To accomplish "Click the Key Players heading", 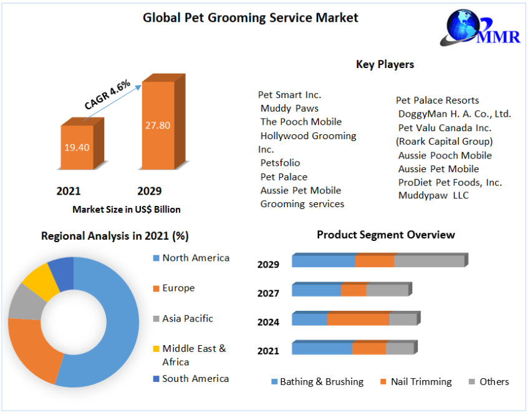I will [385, 64].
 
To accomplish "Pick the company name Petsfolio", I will [280, 163].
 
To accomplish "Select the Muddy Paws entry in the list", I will [289, 108].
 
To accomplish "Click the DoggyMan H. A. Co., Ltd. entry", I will [454, 114].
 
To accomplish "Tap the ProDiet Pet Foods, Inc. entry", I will [450, 182].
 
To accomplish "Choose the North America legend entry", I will [195, 258].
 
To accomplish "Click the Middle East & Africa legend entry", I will [193, 355].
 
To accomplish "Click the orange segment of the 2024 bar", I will [358, 320].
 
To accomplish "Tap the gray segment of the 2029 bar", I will [429, 261].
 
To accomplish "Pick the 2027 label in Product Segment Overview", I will [268, 293].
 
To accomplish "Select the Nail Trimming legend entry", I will [421, 382].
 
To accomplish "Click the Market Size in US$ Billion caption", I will [127, 210].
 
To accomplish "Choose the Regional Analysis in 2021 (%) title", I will [115, 236].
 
